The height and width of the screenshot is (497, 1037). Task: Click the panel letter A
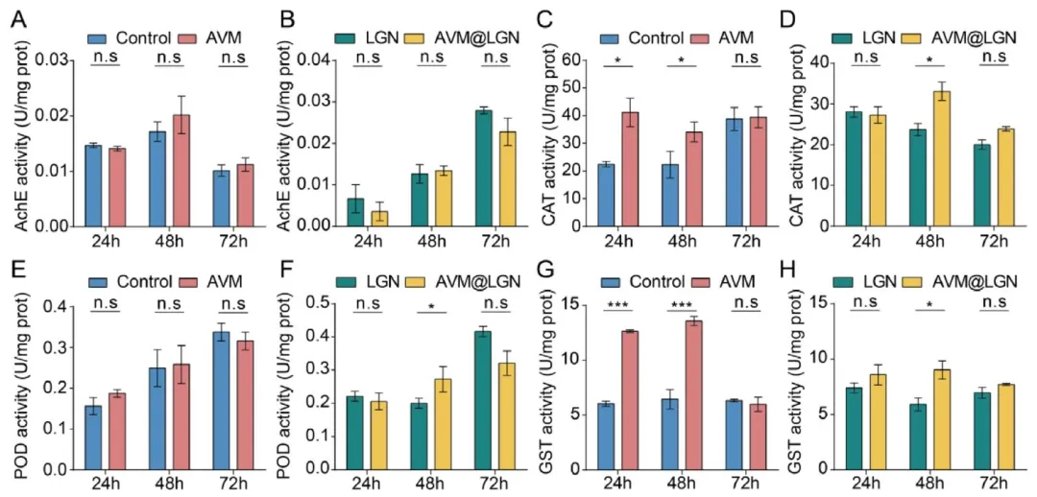coord(16,16)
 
